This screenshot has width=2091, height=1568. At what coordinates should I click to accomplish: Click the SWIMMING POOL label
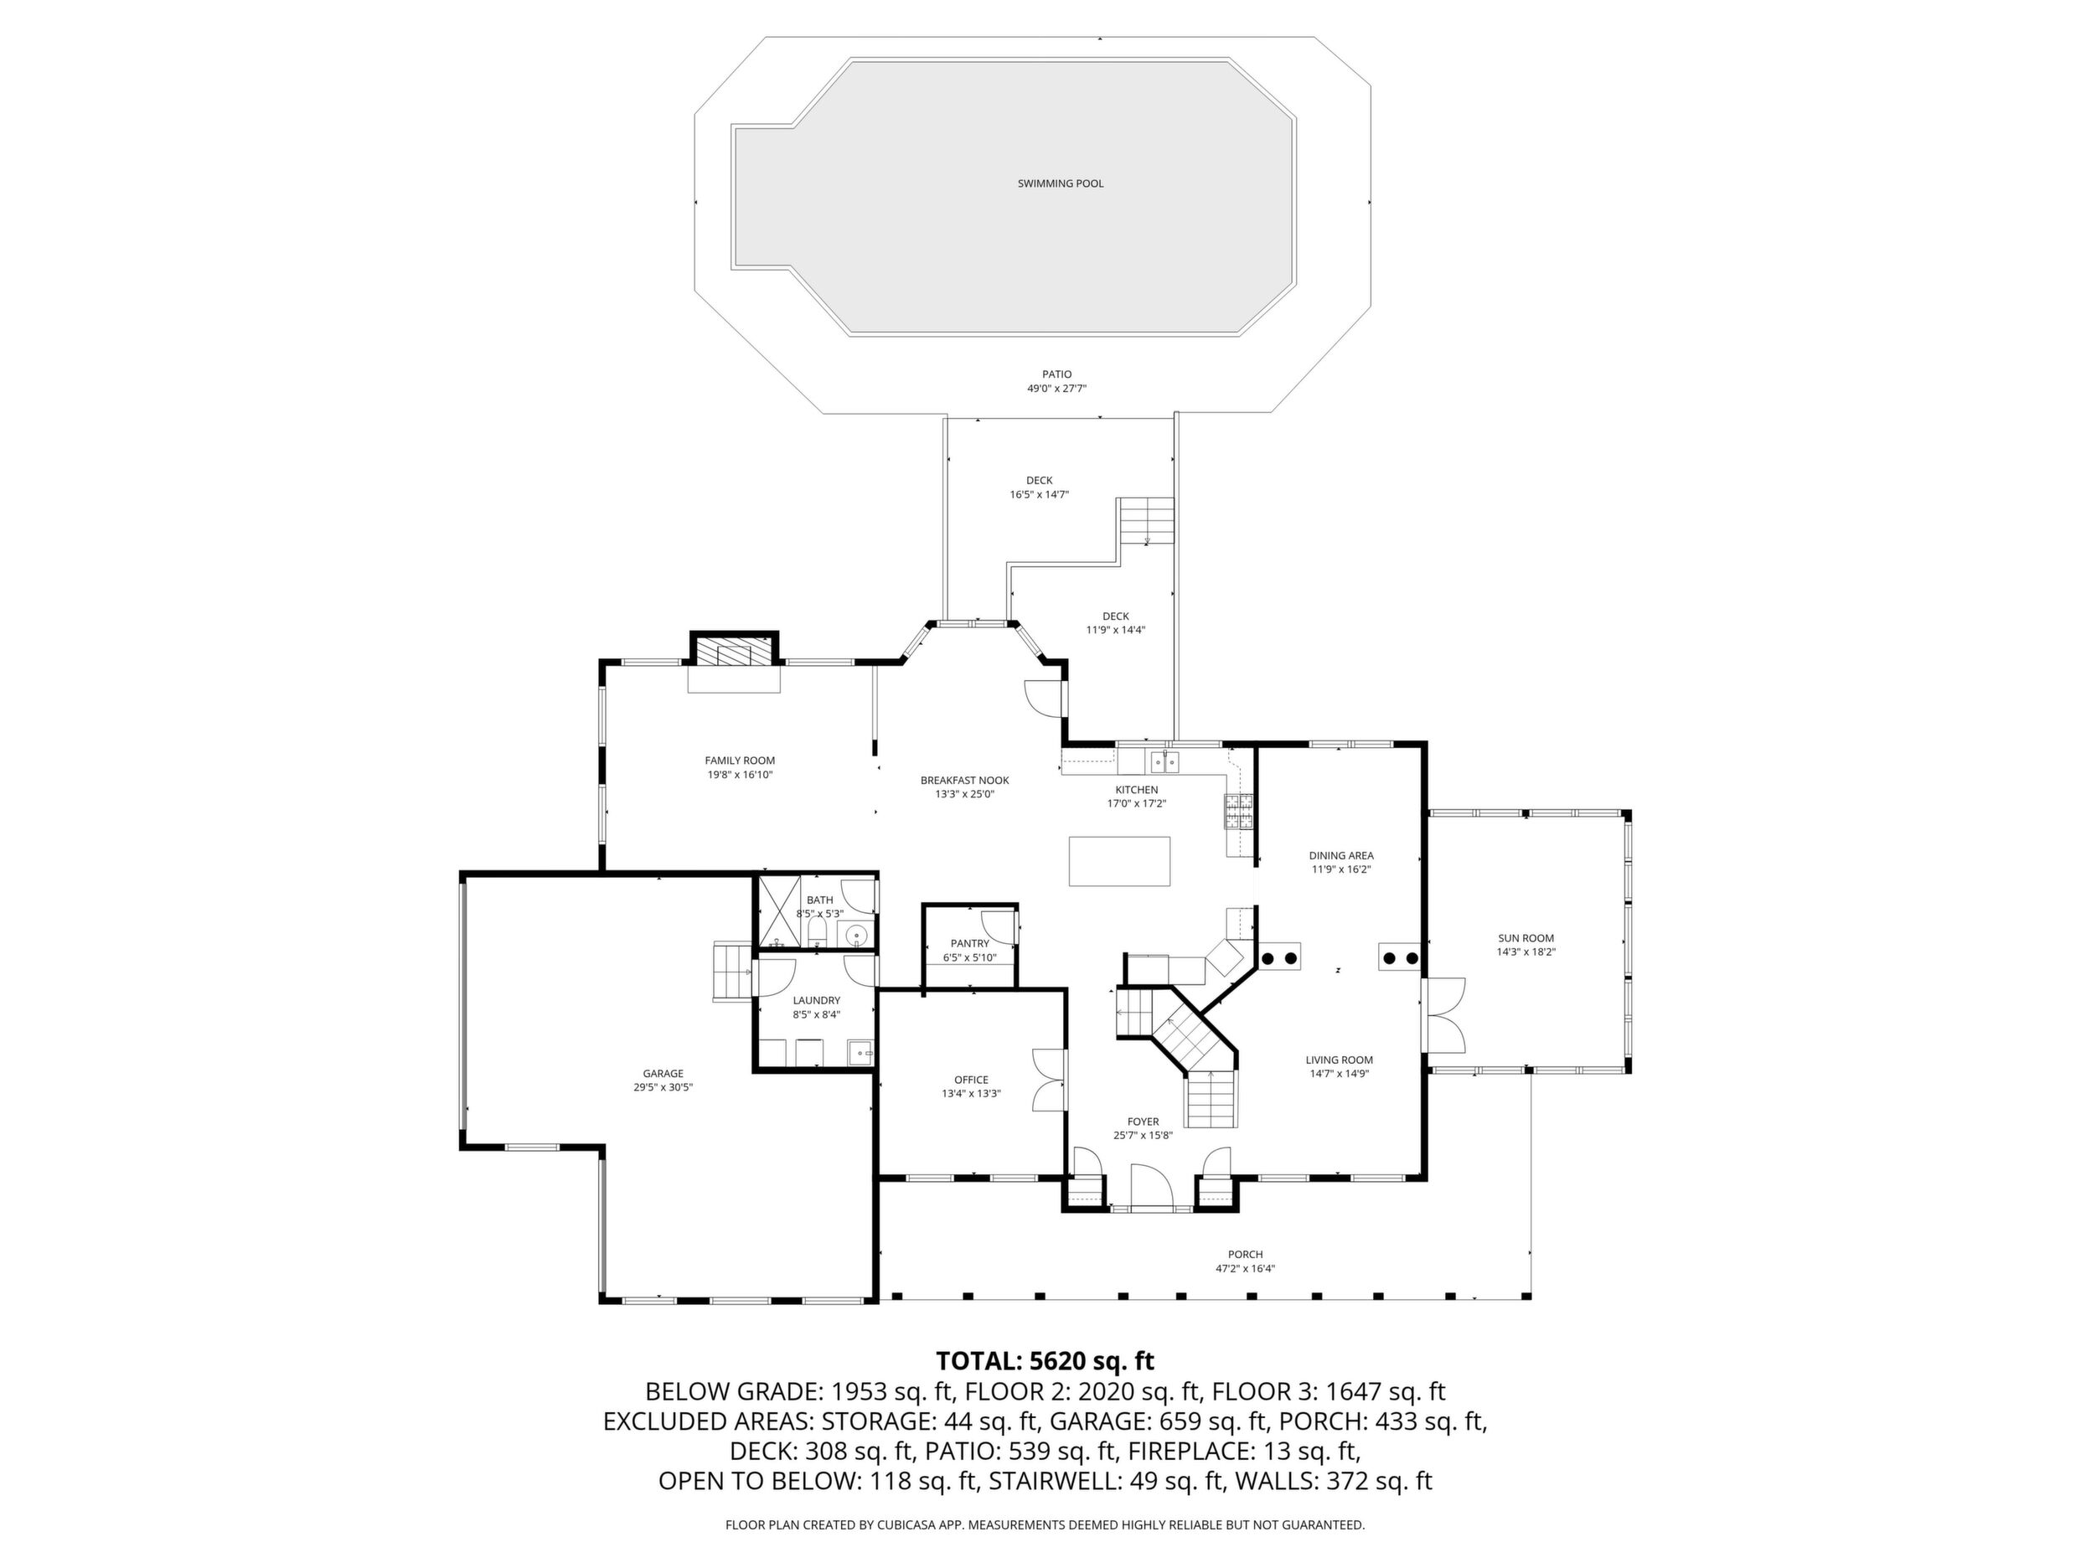1060,183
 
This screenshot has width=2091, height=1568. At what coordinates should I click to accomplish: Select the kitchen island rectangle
1119,861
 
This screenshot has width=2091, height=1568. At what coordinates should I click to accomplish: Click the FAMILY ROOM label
739,760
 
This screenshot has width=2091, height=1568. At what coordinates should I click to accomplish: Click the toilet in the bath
818,935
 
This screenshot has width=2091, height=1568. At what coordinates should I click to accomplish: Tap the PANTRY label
970,943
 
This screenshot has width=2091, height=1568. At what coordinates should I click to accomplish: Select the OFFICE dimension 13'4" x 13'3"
971,1094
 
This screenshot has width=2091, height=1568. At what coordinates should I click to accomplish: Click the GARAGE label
663,1074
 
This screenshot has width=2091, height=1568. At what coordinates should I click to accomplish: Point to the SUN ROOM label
1526,938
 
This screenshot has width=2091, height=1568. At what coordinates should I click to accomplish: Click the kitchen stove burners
1239,812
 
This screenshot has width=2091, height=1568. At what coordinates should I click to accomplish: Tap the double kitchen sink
1164,760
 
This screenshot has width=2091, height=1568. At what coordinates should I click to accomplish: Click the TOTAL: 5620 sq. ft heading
1045,1361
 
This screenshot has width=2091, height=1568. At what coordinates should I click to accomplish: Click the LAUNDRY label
816,1000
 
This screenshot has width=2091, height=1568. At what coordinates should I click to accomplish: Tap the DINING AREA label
1340,855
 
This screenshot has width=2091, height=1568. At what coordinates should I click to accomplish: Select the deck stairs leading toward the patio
1147,521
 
